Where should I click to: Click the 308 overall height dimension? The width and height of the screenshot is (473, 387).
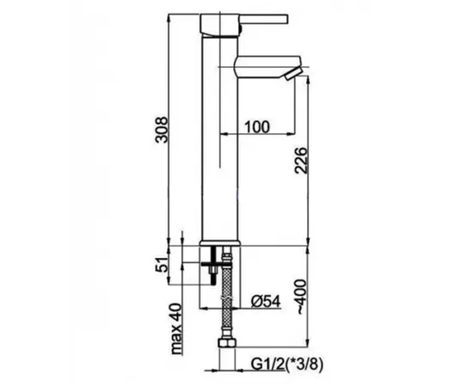point(161,130)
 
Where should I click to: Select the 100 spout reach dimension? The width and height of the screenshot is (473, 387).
point(257,126)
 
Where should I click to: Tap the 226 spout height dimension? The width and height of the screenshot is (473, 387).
point(302,160)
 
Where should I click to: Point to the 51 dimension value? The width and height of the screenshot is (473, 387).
point(161,265)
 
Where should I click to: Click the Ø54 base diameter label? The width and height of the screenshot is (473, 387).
point(266,301)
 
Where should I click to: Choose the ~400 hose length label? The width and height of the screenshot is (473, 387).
point(302,297)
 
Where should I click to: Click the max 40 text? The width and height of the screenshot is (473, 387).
point(177,329)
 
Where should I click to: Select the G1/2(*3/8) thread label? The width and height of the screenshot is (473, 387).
point(287,365)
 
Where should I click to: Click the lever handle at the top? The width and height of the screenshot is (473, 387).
point(264,19)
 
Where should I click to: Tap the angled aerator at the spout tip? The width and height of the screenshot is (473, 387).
point(292,74)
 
